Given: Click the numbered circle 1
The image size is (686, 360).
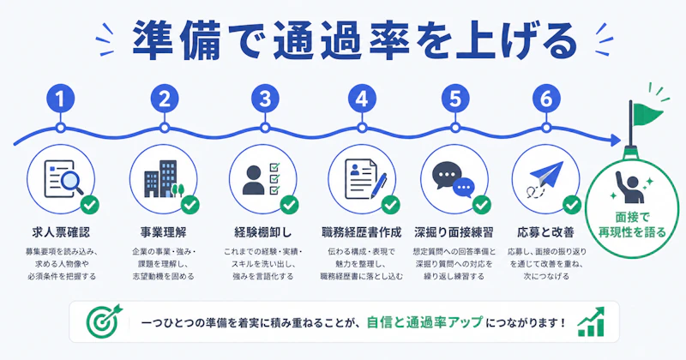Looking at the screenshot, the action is pyautogui.click(x=60, y=99).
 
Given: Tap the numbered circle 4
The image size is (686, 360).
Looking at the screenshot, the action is pyautogui.click(x=362, y=99).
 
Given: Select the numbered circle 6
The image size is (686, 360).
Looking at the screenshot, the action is pyautogui.click(x=546, y=99).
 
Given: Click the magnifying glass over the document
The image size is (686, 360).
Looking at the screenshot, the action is pyautogui.click(x=73, y=182).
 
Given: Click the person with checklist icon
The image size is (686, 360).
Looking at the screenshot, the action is pyautogui.click(x=262, y=179).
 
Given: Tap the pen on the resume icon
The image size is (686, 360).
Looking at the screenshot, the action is pyautogui.click(x=379, y=185).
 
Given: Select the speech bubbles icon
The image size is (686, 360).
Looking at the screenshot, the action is pyautogui.click(x=454, y=179).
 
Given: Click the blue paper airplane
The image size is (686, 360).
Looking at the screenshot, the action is pyautogui.click(x=546, y=174).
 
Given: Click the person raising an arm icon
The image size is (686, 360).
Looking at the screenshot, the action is pyautogui.click(x=631, y=187).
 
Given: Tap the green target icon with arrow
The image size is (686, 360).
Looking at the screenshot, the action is pyautogui.click(x=104, y=321).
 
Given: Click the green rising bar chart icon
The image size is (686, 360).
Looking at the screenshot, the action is pyautogui.click(x=592, y=321).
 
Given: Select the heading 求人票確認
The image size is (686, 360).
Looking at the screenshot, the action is pyautogui.click(x=61, y=231).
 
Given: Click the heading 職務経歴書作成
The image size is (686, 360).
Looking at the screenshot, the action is pyautogui.click(x=361, y=231).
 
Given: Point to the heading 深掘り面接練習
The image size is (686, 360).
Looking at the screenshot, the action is pyautogui.click(x=454, y=231).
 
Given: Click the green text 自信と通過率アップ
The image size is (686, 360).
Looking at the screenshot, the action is pyautogui.click(x=424, y=322).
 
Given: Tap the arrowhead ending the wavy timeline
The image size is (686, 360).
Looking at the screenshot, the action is pyautogui.click(x=616, y=141).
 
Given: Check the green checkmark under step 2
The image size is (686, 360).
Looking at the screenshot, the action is pyautogui.click(x=190, y=205).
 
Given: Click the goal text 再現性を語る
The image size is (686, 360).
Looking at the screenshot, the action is pyautogui.click(x=632, y=231).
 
